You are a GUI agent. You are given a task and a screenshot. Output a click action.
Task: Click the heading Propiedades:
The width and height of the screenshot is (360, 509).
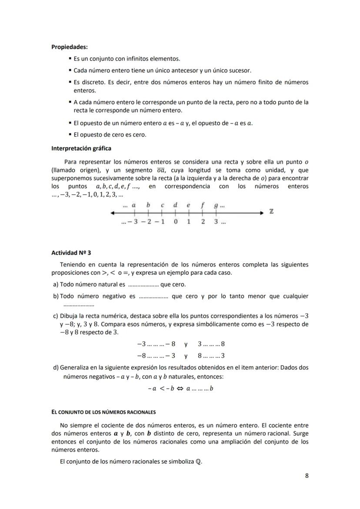point(69,47)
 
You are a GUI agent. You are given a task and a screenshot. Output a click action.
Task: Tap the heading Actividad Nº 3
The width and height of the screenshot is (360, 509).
point(71,253)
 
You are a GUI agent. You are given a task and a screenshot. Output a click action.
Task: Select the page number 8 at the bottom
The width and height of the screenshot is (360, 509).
point(307,476)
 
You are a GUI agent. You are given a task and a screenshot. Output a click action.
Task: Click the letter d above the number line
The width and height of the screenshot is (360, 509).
point(175,205)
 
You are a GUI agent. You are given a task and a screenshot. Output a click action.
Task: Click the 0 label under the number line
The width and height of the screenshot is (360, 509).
point(175,222)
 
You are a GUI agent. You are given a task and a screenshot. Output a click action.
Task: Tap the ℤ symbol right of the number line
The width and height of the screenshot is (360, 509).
point(271,212)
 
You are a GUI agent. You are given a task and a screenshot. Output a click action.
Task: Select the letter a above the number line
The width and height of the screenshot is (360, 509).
point(134,205)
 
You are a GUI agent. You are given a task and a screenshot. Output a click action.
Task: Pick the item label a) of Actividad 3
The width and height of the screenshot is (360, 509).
point(55,285)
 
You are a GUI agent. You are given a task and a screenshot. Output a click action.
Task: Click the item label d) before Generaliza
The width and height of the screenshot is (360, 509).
point(56,367)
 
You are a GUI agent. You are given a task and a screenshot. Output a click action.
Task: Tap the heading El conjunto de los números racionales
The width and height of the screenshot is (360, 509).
point(103,412)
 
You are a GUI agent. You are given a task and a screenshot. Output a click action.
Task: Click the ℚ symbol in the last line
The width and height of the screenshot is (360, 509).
point(199,462)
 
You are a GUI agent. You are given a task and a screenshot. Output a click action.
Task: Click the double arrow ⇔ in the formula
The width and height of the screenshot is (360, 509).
point(179,389)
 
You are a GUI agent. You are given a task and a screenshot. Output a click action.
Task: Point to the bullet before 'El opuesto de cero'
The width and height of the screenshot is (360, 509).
point(70,135)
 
